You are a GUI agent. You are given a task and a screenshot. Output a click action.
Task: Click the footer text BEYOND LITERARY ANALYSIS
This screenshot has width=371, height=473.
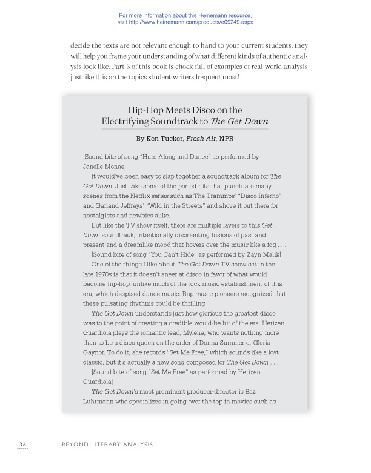[x=107, y=445]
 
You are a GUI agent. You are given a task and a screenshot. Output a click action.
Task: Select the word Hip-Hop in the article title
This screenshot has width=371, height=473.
[x=144, y=110]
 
